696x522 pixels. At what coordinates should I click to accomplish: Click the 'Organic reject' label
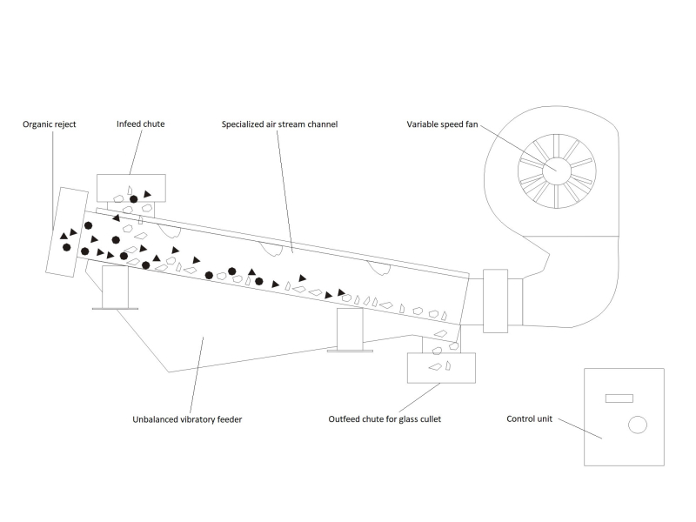(50, 124)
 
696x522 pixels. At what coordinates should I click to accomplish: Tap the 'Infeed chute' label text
(140, 124)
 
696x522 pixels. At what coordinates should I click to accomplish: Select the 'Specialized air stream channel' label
(279, 124)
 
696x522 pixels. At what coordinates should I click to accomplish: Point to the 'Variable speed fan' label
(442, 124)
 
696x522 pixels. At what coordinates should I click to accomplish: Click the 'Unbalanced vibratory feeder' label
(187, 419)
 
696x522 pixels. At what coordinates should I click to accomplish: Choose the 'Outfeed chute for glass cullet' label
(385, 419)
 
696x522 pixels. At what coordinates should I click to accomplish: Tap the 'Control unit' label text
(529, 418)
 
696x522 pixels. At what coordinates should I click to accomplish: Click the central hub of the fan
(557, 171)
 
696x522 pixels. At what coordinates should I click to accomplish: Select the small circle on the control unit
(638, 425)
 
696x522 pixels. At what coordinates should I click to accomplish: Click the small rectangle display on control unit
(619, 398)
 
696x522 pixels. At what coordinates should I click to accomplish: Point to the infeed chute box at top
(131, 188)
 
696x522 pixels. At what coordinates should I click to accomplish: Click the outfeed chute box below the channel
(441, 368)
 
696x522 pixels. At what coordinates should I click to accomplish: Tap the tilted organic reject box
(67, 232)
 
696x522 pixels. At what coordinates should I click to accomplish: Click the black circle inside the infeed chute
(134, 199)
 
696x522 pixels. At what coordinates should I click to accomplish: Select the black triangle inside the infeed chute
(147, 194)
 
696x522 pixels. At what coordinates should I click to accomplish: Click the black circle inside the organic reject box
(67, 247)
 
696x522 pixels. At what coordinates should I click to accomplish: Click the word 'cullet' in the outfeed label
(430, 419)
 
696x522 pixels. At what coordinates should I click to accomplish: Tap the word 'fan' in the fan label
(472, 124)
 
